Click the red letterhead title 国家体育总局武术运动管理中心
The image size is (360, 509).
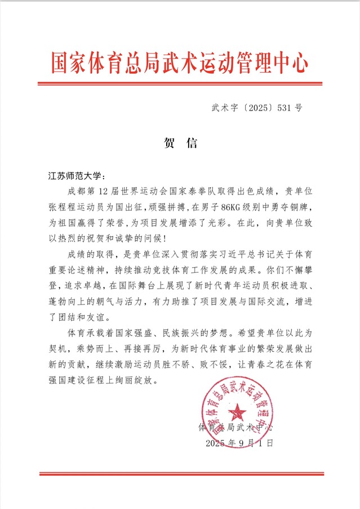click(180, 62)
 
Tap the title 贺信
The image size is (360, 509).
click(180, 143)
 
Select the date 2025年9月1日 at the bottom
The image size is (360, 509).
click(239, 443)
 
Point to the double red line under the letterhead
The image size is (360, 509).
click(180, 84)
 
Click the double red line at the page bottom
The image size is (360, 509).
click(180, 474)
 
